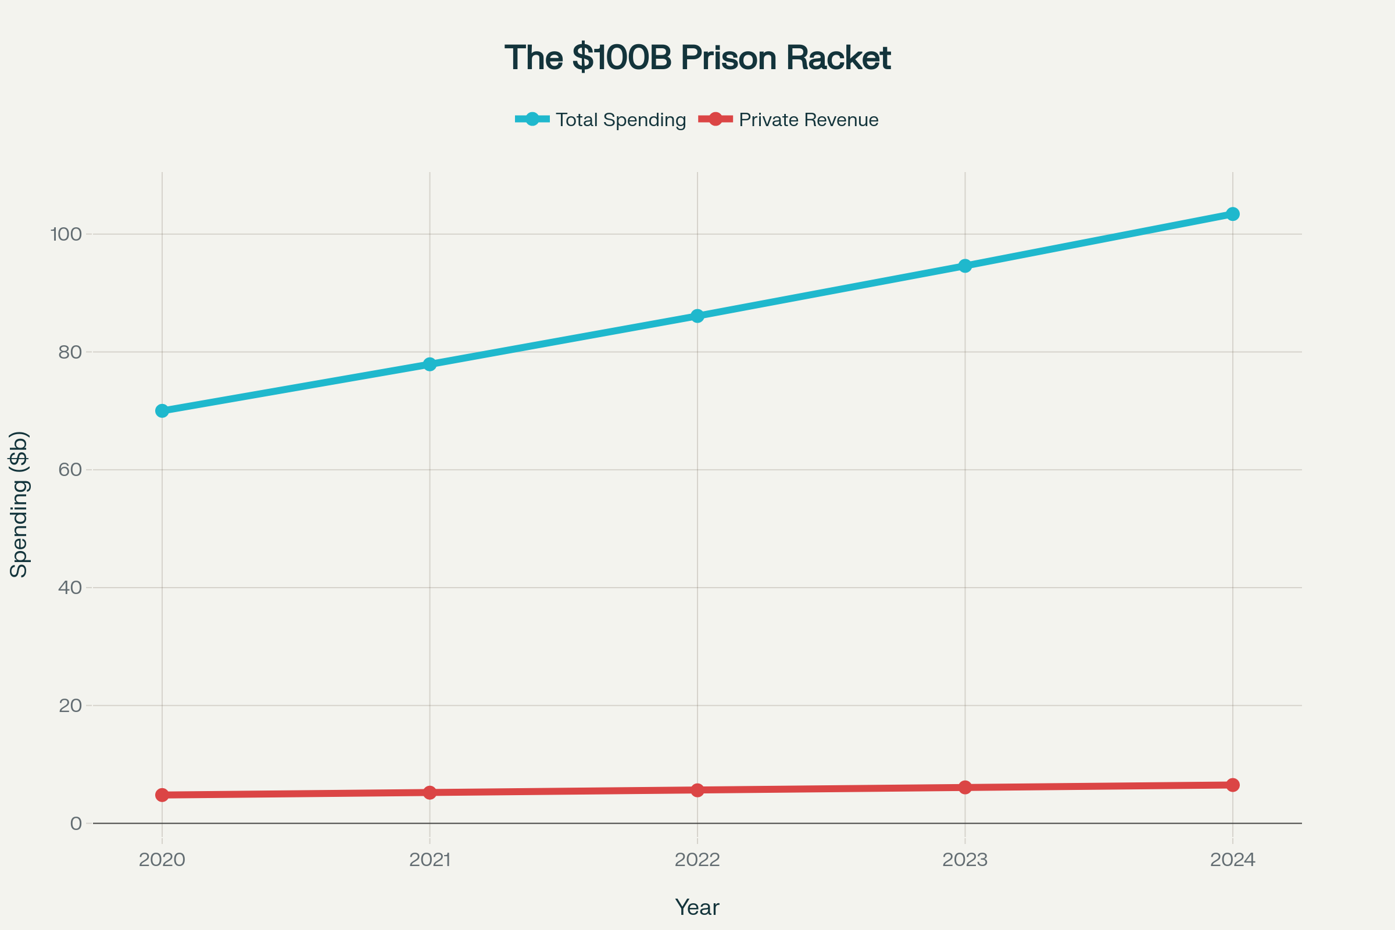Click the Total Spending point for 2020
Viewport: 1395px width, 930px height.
point(162,410)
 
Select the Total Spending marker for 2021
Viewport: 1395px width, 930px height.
point(430,364)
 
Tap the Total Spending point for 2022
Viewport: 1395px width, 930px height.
point(697,316)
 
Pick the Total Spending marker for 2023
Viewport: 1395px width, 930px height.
point(965,265)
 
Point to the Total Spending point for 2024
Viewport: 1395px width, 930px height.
point(1232,213)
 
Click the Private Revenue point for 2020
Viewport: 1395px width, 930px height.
point(162,795)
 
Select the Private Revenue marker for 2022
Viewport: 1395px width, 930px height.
point(697,790)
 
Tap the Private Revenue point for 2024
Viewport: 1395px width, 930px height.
point(1232,785)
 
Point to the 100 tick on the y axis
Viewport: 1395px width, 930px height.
point(66,234)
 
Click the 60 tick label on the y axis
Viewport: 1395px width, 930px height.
point(70,470)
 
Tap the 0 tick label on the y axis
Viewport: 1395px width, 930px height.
point(76,823)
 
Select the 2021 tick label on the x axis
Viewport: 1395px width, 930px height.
point(430,860)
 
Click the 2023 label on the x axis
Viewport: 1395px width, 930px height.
point(965,860)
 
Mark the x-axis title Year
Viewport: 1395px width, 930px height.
point(697,907)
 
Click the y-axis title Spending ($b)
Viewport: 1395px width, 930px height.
point(19,504)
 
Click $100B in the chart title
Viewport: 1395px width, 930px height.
point(621,58)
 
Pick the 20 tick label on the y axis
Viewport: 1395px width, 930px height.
point(70,706)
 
